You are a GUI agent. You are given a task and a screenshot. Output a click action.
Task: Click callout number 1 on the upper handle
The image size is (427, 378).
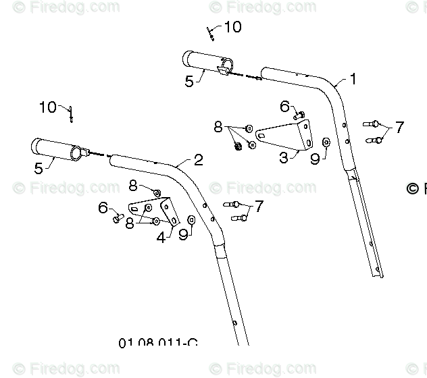click(352, 79)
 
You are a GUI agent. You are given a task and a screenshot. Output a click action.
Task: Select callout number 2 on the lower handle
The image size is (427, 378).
click(198, 160)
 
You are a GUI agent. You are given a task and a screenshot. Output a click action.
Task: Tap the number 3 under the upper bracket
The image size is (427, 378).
click(284, 158)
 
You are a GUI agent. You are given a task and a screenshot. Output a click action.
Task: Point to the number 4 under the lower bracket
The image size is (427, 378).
click(161, 238)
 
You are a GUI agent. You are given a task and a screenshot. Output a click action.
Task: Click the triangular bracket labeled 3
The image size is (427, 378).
click(286, 134)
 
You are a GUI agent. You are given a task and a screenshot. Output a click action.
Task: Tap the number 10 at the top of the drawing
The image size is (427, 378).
click(232, 27)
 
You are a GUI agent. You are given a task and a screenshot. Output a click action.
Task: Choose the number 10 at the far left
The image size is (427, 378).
click(48, 107)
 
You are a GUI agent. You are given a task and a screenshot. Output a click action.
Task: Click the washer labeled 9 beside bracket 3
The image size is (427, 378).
click(326, 142)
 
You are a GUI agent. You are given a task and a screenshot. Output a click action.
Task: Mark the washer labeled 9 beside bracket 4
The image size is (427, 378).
click(191, 219)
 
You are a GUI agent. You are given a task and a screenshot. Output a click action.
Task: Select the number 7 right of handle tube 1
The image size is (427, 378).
click(399, 127)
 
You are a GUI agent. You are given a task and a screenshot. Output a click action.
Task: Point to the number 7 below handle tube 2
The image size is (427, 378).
click(259, 206)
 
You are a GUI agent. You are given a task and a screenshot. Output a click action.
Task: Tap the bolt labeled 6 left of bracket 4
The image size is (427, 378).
click(118, 217)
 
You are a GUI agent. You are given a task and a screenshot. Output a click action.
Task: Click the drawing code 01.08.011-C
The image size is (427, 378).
click(157, 344)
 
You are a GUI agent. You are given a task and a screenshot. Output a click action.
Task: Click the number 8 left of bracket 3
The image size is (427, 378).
click(218, 126)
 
